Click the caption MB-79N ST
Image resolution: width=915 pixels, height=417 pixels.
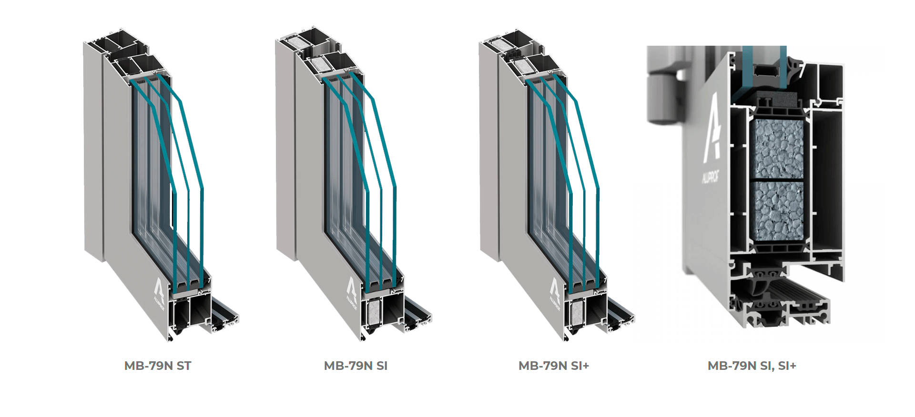pyautogui.click(x=158, y=366)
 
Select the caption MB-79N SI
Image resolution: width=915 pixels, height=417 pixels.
pyautogui.click(x=356, y=366)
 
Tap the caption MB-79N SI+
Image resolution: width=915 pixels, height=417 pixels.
pyautogui.click(x=554, y=366)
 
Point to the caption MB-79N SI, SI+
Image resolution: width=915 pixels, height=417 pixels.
pyautogui.click(x=752, y=366)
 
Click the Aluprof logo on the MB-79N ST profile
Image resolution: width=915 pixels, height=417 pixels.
pyautogui.click(x=159, y=292)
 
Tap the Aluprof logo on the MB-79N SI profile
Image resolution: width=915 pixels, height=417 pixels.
pyautogui.click(x=352, y=292)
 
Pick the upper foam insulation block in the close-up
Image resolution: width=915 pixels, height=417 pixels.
pyautogui.click(x=777, y=149)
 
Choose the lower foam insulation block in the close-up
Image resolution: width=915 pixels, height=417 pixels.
pyautogui.click(x=777, y=211)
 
